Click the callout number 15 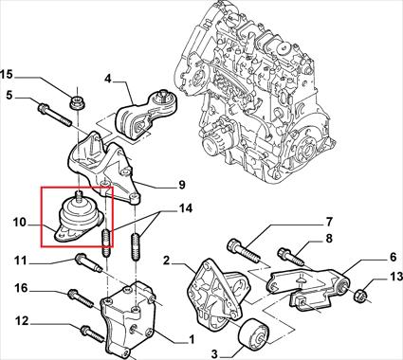[7, 75]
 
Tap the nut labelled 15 [78, 102]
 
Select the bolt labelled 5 [54, 115]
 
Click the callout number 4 [108, 79]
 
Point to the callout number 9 [182, 185]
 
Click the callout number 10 [19, 223]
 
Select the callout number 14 [186, 208]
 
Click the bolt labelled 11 [89, 263]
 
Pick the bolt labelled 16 [82, 298]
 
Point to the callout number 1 [191, 340]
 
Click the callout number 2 [167, 261]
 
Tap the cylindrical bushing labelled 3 [254, 335]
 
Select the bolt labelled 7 [244, 251]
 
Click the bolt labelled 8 [291, 257]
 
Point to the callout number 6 [393, 257]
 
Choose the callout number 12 [22, 321]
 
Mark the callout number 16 [22, 288]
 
